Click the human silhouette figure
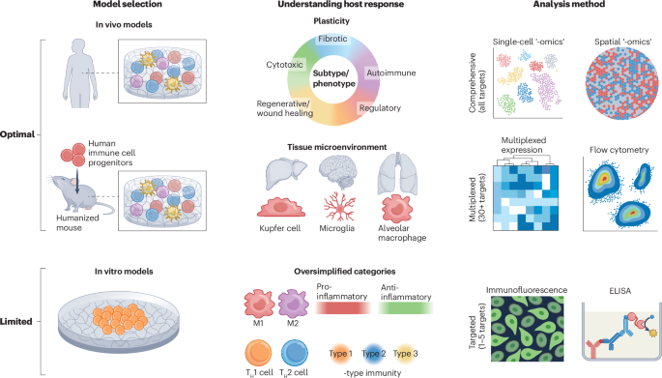pyautogui.click(x=80, y=73)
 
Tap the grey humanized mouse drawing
pyautogui.click(x=76, y=193)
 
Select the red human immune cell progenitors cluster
pyautogui.click(x=73, y=154)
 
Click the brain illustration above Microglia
pyautogui.click(x=337, y=171)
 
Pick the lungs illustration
pyautogui.click(x=397, y=174)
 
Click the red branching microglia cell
pyautogui.click(x=339, y=206)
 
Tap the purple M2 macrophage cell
pyautogui.click(x=293, y=304)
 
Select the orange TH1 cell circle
pyautogui.click(x=258, y=353)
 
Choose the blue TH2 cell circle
pyautogui.click(x=294, y=353)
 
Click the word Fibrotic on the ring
pyautogui.click(x=332, y=39)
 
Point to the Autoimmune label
pyautogui.click(x=391, y=73)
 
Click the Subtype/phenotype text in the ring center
pyautogui.click(x=333, y=78)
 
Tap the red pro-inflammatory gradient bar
pyautogui.click(x=343, y=308)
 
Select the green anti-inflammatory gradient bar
pyautogui.click(x=405, y=308)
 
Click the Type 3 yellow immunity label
pyautogui.click(x=405, y=354)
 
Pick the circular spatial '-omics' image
pyautogui.click(x=621, y=83)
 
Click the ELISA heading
pyautogui.click(x=619, y=291)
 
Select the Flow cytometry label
pyautogui.click(x=619, y=150)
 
